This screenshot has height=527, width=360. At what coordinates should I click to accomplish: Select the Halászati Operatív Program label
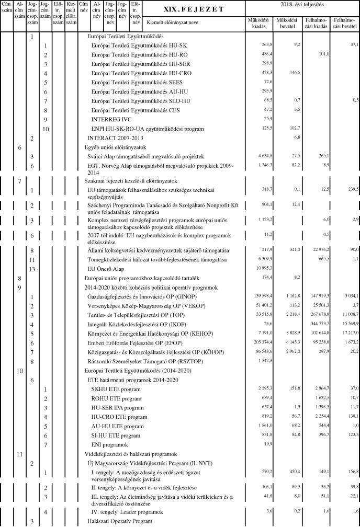click(x=120, y=522)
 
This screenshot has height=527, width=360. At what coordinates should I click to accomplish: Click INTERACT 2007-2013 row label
click(x=115, y=138)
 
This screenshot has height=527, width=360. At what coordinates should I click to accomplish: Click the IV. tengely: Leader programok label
click(x=124, y=511)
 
